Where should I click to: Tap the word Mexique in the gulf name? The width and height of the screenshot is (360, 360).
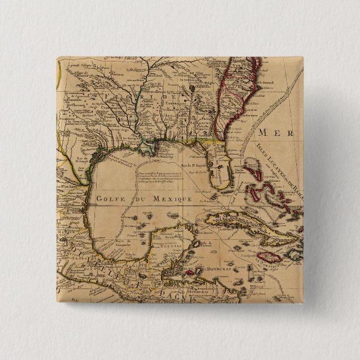173,198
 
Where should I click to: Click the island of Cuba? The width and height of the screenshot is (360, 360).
246,224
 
